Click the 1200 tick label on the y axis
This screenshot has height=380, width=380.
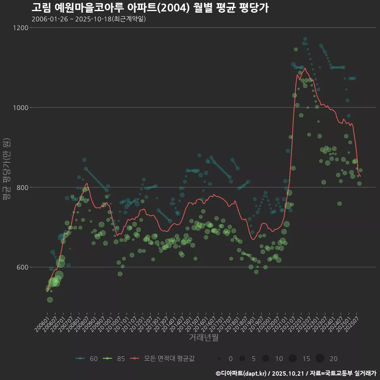[x=21, y=28]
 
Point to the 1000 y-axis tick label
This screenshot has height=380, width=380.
[x=21, y=108]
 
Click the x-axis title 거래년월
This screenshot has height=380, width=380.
[x=203, y=338]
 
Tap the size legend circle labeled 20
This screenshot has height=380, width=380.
[x=320, y=359]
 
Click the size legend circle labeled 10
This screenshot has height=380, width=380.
[x=266, y=359]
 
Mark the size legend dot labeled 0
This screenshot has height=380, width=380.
[x=219, y=359]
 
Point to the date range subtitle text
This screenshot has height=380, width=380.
[x=89, y=19]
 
